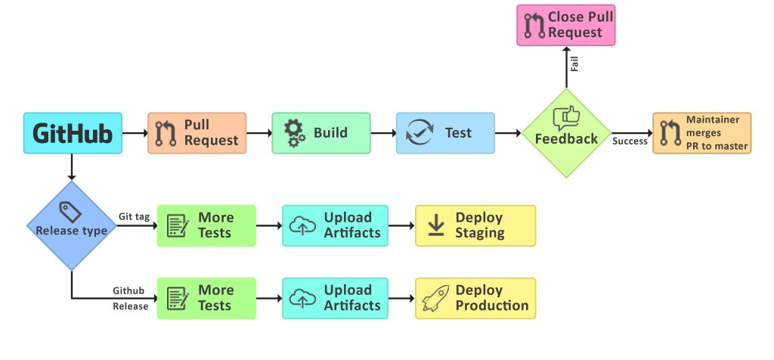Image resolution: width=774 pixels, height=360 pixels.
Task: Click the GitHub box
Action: tap(73, 134)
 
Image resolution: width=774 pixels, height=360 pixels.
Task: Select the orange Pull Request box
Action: tap(197, 133)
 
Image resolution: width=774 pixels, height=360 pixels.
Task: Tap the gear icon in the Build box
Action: tap(294, 133)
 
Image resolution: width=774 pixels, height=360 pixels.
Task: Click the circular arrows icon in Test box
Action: tap(418, 133)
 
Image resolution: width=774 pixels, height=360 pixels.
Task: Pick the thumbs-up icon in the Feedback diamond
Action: tap(566, 117)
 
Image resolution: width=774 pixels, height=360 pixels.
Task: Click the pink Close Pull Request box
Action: tap(566, 25)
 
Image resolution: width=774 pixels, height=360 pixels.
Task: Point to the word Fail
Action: tap(574, 65)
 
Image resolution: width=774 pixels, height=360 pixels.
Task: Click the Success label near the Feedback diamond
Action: tap(630, 141)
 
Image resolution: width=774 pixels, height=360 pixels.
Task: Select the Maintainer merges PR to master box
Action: tap(702, 133)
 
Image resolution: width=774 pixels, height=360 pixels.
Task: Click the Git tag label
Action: tap(134, 216)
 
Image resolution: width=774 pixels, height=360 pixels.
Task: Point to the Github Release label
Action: tap(129, 298)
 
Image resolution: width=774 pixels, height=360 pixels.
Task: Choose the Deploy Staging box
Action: tap(475, 225)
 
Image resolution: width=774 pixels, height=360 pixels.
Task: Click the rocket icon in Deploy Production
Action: tap(436, 298)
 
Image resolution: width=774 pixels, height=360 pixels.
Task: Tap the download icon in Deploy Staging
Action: tap(435, 225)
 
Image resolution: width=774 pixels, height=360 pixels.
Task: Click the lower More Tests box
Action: tap(206, 298)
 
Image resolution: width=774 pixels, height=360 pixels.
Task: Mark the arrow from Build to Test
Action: tap(383, 133)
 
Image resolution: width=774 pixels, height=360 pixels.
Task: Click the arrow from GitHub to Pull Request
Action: tap(135, 133)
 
